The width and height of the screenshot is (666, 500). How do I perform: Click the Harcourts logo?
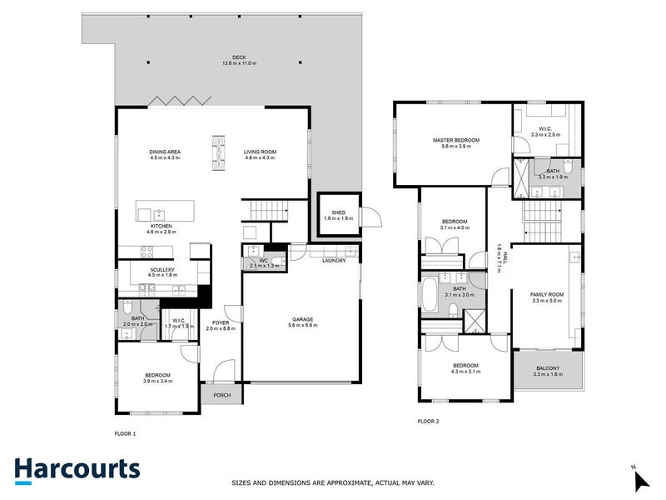click(77, 469)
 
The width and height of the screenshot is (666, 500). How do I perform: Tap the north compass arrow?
click(640, 479)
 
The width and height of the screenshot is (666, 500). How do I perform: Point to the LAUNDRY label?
click(335, 261)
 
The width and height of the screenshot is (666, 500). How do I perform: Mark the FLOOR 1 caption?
click(125, 434)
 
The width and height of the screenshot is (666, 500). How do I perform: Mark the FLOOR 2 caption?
click(429, 422)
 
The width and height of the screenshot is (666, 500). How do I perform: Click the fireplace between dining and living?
click(218, 152)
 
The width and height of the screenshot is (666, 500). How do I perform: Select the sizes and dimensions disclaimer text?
click(332, 482)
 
